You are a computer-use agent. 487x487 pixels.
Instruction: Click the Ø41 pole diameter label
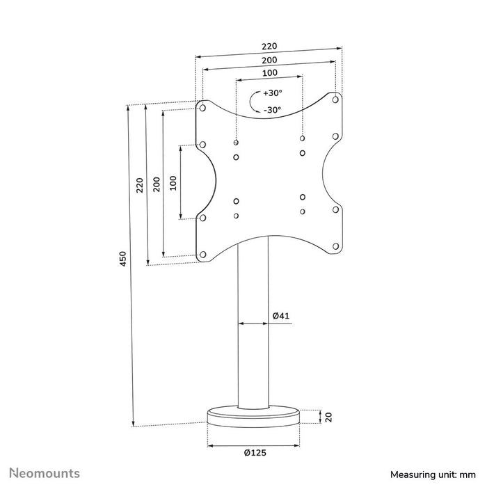[280, 316]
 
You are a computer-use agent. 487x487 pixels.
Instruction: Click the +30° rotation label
[272, 93]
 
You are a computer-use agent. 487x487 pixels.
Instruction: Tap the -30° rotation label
[272, 110]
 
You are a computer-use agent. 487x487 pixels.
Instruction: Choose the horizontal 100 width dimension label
[269, 73]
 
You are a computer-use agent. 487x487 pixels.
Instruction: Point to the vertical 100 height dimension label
[173, 182]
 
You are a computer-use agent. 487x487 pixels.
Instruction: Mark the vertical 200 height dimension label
[157, 184]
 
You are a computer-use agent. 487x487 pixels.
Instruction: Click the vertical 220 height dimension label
[140, 185]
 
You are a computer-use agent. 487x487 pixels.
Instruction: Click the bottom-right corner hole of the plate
[335, 246]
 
